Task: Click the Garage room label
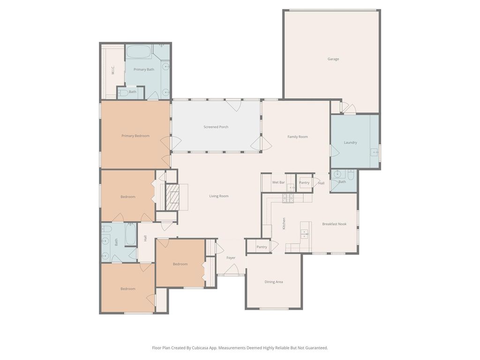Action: point(333,59)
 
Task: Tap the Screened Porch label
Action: point(216,127)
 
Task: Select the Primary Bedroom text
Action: point(135,136)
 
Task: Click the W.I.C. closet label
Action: point(112,71)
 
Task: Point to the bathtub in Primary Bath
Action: point(139,52)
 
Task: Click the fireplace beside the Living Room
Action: point(172,197)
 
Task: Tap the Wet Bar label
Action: point(278,182)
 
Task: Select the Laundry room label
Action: point(350,142)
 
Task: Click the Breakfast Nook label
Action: point(334,224)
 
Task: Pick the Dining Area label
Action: point(274,282)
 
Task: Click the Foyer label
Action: point(231,258)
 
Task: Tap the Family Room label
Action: point(298,137)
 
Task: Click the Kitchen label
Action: point(284,224)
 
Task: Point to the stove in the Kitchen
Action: point(288,198)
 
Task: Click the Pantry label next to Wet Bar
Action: point(304,183)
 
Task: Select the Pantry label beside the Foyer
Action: point(262,247)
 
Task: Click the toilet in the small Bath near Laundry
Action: point(351,174)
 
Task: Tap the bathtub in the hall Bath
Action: point(131,234)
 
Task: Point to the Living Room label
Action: point(219,196)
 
